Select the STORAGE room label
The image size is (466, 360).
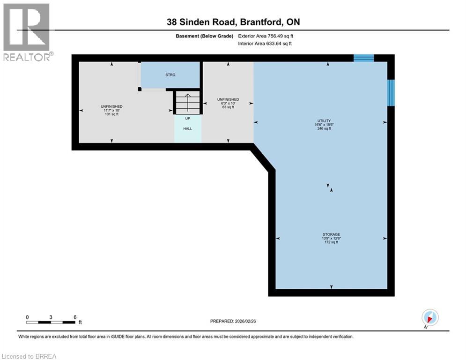pos(331,234)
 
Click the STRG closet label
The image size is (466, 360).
pos(170,75)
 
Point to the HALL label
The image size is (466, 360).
pos(187,128)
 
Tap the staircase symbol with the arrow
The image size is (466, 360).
pos(188,102)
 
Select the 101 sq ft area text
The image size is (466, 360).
pos(111,114)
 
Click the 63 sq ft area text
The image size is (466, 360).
pos(228,107)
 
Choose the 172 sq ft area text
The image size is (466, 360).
pos(331,242)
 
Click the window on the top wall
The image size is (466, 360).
pos(363,58)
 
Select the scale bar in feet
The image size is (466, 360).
pos(51,322)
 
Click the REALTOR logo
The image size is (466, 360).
pos(27,32)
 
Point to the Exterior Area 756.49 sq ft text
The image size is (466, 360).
pos(266,36)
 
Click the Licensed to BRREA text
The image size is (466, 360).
pos(30,356)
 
